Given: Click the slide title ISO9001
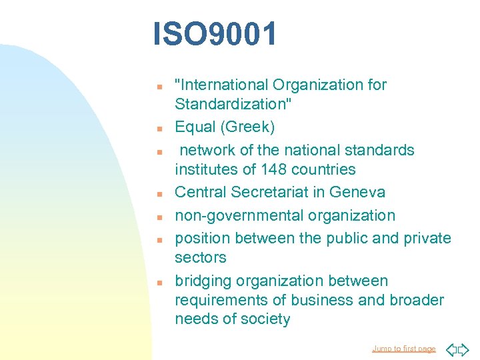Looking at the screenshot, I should pos(215,35).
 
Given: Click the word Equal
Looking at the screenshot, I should pos(194,127).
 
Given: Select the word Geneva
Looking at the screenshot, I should pos(357,192).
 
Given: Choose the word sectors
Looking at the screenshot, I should pos(201,257).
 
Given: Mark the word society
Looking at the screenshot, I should pos(265,319).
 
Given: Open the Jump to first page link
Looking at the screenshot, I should pos(404,349).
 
